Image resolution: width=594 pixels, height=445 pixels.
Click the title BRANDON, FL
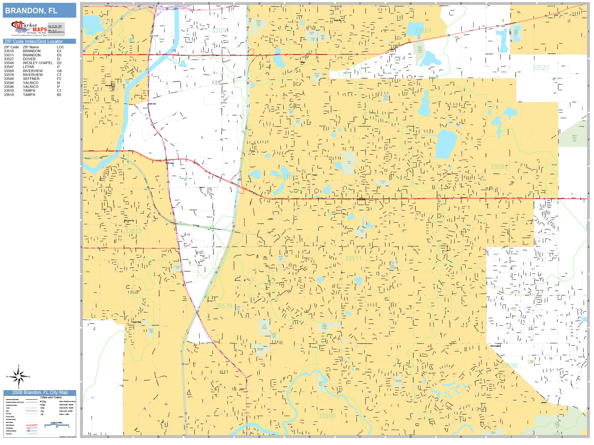tap(31, 11)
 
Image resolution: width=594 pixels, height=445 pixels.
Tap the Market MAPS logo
tap(29, 29)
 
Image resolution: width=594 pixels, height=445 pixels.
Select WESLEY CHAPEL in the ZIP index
tap(38, 63)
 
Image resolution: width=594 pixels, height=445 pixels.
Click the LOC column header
tap(60, 47)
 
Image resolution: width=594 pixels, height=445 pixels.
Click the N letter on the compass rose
tap(19, 366)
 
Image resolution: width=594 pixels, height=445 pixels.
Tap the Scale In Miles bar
tap(57, 425)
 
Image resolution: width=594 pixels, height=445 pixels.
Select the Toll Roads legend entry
tap(9, 434)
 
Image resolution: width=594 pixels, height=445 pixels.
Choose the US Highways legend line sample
tap(31, 428)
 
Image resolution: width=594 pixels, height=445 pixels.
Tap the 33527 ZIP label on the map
tap(541, 68)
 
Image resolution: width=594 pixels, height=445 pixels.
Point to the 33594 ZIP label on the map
tap(499, 167)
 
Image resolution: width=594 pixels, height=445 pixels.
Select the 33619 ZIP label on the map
tap(133, 231)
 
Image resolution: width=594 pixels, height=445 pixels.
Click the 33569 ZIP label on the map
tap(327, 416)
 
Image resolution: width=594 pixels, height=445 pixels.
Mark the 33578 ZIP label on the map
tap(224, 306)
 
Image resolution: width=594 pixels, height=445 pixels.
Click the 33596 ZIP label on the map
tap(509, 366)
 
